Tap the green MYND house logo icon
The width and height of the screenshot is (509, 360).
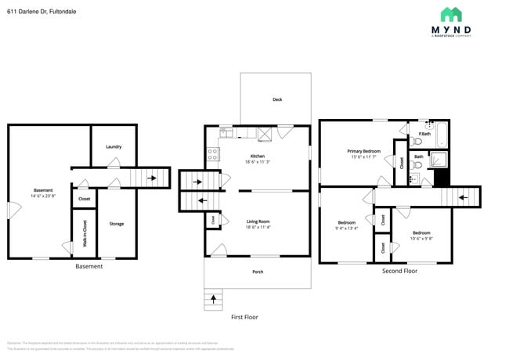[x=450, y=14]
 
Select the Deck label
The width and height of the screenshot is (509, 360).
[x=277, y=99]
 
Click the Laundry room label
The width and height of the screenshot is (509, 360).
[x=114, y=146]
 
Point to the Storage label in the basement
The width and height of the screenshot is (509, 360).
[x=116, y=224]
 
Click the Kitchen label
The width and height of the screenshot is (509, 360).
[x=258, y=156]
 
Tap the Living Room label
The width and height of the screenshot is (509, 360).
[x=258, y=222]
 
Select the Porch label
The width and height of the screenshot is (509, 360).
[x=258, y=272]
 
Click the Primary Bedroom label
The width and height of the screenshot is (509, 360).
[x=364, y=151]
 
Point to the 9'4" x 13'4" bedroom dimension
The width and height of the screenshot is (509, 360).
[x=346, y=229]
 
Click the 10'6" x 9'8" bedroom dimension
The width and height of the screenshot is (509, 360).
[x=421, y=238]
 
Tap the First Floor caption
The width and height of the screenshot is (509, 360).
[x=244, y=317]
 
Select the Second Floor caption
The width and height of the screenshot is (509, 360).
[x=399, y=271]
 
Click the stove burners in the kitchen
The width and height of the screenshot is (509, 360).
[x=211, y=154]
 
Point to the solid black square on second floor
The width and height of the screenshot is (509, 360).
[x=442, y=178]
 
